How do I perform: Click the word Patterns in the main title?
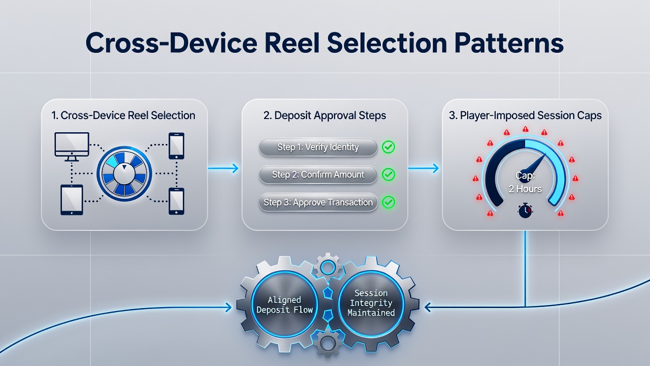509,43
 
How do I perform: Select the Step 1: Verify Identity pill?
318,147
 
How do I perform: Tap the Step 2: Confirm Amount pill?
318,174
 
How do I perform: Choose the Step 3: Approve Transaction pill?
318,202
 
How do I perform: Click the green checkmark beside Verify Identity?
388,147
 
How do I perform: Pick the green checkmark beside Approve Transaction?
388,202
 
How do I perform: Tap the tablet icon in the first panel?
72,200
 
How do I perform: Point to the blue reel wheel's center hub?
124,174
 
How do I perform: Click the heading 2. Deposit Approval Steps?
324,115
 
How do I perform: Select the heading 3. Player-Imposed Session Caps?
525,115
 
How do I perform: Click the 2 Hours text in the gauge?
525,189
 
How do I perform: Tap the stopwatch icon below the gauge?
525,210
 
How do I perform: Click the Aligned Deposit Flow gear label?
284,304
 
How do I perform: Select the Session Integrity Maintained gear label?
371,303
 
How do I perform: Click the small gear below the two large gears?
328,345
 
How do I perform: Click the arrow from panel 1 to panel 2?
223,168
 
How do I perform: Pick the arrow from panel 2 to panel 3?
424,168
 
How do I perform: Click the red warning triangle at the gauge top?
525,129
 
